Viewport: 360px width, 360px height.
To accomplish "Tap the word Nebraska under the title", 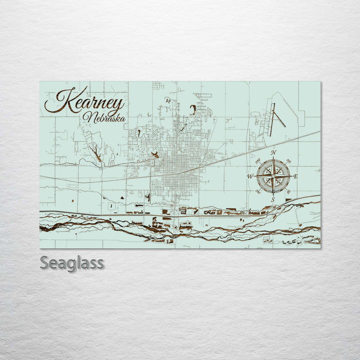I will tap(105, 118).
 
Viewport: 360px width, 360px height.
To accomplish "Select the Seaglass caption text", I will tap(71, 262).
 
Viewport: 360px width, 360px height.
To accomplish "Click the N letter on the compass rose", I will tap(273, 152).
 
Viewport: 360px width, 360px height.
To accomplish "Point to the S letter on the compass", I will tap(273, 199).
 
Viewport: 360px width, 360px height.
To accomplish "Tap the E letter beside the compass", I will tap(295, 176).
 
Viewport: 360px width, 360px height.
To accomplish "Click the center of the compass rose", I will tap(273, 175).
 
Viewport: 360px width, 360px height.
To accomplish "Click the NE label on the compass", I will tap(288, 161).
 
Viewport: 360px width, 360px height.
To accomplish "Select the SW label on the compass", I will tap(258, 191).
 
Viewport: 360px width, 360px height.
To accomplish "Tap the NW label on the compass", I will tap(258, 161).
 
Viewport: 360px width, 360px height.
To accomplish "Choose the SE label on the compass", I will tap(288, 191).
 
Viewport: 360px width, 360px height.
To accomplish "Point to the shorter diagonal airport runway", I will tap(279, 119).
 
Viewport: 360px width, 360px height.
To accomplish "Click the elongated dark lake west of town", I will tap(97, 153).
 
